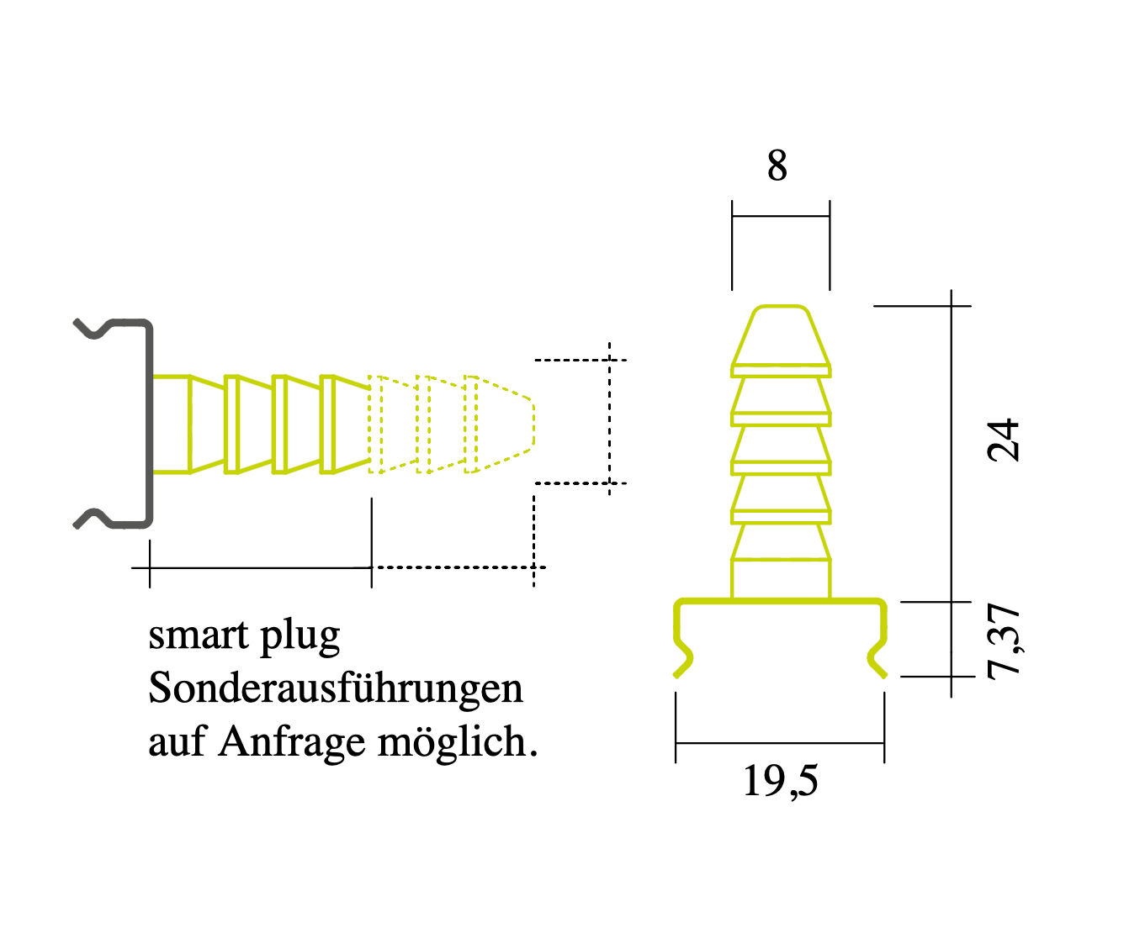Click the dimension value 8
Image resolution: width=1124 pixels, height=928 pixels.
(x=777, y=166)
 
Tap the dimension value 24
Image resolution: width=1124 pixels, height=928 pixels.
(x=1003, y=440)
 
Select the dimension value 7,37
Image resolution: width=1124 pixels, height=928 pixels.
(x=1003, y=641)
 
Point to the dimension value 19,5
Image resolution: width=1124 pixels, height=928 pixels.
(x=780, y=781)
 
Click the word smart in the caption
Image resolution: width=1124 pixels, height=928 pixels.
(x=199, y=635)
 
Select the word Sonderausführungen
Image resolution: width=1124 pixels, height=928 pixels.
(x=336, y=689)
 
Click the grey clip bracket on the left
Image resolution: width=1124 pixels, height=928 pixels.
(x=149, y=424)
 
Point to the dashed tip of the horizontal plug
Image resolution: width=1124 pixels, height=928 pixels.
(x=505, y=424)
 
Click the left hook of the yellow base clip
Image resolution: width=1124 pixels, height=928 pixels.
(x=682, y=656)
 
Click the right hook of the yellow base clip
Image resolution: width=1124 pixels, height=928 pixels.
(x=878, y=656)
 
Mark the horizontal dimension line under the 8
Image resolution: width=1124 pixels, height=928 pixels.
(x=781, y=216)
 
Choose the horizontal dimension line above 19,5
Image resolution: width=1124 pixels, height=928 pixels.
(x=780, y=743)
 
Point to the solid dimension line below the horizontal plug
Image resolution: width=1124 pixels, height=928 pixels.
(x=261, y=568)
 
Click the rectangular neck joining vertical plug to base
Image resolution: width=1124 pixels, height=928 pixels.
(x=781, y=579)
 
